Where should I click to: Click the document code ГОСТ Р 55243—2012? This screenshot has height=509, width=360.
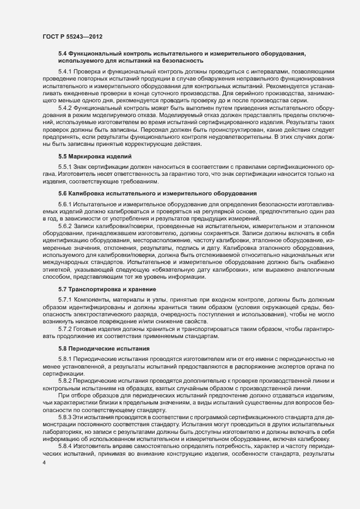click(72, 36)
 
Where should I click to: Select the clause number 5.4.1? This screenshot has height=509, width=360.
click(65, 72)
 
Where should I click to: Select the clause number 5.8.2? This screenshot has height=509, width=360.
click(65, 379)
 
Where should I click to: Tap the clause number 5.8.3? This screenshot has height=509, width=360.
click(65, 416)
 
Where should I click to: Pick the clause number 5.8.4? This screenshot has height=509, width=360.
click(65, 445)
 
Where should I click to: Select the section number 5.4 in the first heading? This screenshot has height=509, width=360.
click(62, 53)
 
